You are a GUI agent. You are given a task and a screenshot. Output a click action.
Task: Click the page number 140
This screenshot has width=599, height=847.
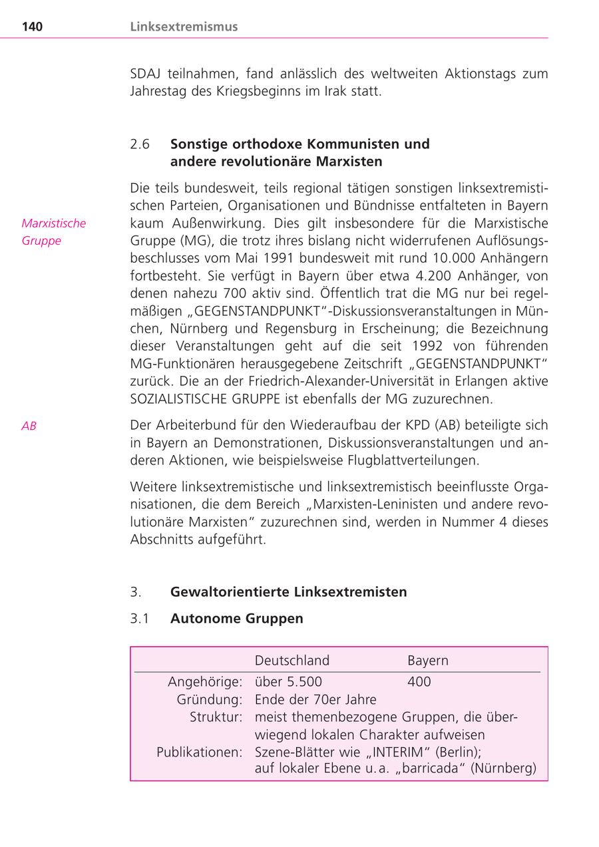coord(32,27)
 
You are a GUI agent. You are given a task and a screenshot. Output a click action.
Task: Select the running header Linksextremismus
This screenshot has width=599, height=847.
coord(184,27)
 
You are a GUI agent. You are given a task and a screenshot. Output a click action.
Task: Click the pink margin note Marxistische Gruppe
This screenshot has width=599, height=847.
coord(53,232)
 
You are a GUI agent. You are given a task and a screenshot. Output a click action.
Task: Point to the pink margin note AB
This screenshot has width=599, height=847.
coord(29,426)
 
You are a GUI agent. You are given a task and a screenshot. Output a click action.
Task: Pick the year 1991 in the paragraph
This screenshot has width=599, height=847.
coord(272,258)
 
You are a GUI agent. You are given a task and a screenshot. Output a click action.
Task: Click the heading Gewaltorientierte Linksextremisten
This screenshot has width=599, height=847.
coord(288,592)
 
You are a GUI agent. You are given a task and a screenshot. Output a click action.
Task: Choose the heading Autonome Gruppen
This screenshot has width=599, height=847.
coord(236,618)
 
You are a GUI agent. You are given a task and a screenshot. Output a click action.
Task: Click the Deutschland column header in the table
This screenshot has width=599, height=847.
coord(292,660)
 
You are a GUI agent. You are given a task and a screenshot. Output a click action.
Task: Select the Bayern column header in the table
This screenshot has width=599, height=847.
coord(427,660)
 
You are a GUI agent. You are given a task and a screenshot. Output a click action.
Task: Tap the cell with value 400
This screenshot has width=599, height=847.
coord(419,681)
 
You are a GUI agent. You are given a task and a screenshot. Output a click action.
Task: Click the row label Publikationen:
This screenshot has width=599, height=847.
coord(199,752)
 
